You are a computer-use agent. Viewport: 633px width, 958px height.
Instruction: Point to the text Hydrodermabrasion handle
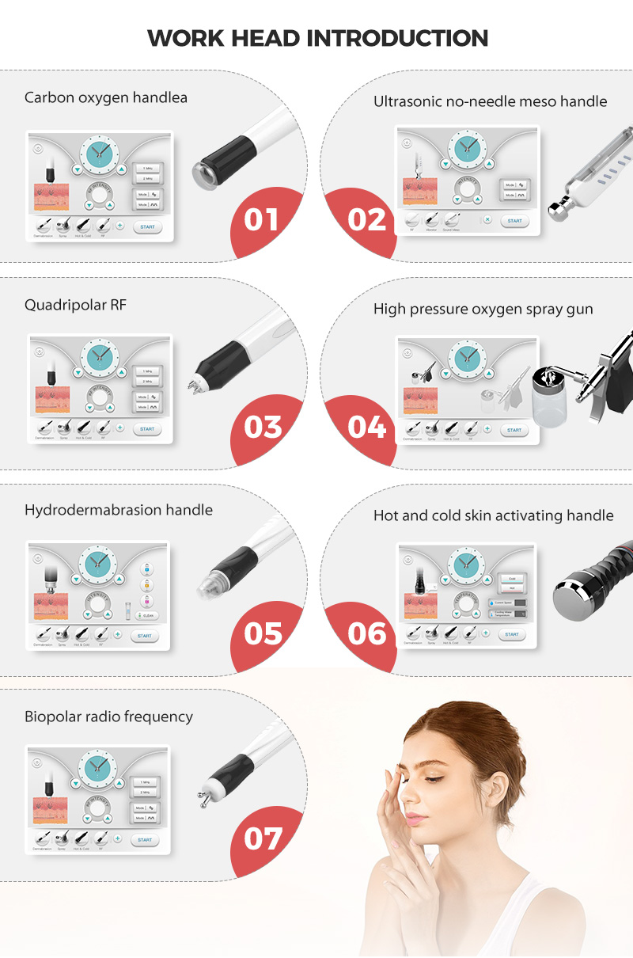[119, 510]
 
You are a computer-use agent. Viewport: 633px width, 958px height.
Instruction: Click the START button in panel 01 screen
[146, 226]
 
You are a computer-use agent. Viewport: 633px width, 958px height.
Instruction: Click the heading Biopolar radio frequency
[108, 716]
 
